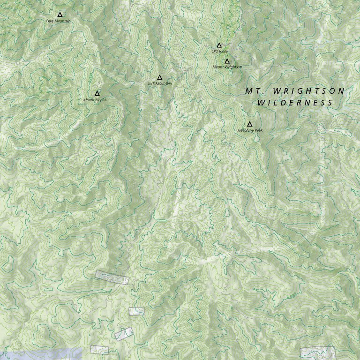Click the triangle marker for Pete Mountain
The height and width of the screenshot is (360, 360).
click(60, 15)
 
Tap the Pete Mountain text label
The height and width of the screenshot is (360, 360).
click(59, 21)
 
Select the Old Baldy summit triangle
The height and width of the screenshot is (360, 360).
click(219, 45)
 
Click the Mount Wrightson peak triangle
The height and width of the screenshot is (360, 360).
click(227, 61)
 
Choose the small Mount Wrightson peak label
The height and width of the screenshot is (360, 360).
click(227, 67)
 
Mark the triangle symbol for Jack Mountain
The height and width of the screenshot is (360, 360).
click(159, 77)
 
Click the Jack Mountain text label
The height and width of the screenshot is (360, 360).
click(159, 83)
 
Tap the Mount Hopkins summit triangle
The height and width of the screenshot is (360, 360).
click(97, 93)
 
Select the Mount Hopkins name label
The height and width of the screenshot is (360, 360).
click(97, 100)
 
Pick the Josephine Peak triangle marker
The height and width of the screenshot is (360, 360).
click(249, 124)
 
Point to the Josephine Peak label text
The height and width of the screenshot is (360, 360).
click(250, 130)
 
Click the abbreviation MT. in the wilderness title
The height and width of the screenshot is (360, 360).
click(254, 91)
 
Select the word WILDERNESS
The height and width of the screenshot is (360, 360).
click(295, 103)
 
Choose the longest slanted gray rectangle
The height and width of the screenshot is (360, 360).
click(112, 277)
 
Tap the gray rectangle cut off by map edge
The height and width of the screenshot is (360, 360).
click(318, 353)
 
